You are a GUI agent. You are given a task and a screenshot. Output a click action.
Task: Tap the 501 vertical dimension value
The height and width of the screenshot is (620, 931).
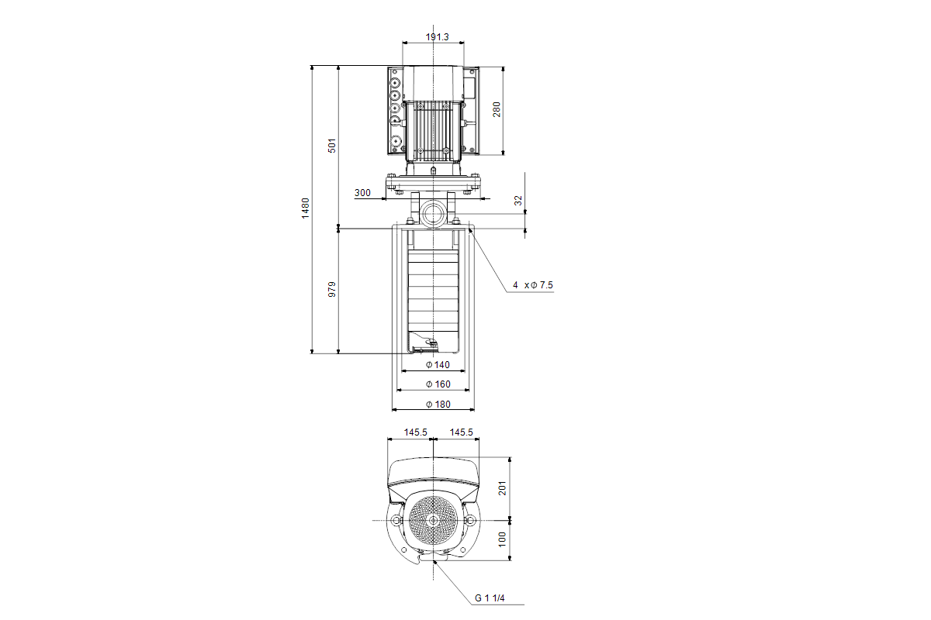pos(332,146)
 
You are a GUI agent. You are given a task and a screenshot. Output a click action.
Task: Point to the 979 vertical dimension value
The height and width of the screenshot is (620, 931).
pos(332,290)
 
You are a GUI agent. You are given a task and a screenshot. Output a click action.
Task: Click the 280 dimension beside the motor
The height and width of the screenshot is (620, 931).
pos(497,109)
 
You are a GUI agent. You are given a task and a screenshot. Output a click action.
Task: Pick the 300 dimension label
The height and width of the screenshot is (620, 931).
pos(362,193)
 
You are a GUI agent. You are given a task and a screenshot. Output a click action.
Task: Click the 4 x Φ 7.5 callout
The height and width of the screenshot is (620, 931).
pos(532,285)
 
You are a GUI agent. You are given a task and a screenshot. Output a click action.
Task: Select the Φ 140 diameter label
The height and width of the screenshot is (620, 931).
pos(438,364)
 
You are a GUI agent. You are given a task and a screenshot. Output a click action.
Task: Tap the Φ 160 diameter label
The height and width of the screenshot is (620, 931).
pos(438,384)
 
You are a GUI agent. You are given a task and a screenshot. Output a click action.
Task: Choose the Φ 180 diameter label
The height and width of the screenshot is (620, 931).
pos(438,405)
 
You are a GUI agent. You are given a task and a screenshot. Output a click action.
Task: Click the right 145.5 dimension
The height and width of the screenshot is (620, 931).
pos(461,432)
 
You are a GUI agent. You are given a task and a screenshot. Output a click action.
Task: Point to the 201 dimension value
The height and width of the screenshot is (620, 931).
pos(502,488)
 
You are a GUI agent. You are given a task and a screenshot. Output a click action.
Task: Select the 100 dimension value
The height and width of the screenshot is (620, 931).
pos(502,539)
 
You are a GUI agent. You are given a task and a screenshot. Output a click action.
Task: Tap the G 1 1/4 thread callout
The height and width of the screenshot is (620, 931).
pos(490,598)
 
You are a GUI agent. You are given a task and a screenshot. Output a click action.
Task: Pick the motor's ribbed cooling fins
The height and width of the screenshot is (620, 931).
pos(431,128)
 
